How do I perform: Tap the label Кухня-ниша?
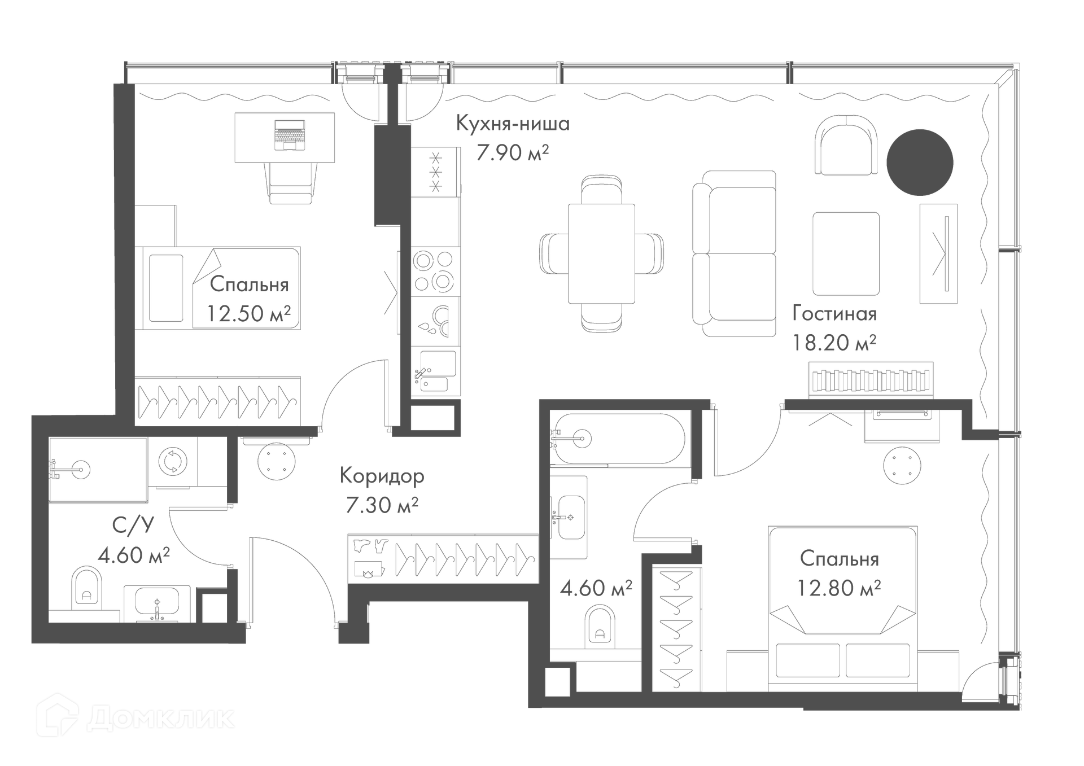pyautogui.click(x=513, y=124)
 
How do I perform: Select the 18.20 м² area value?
pyautogui.click(x=834, y=343)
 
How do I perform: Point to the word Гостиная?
pyautogui.click(x=834, y=314)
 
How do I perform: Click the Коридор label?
pyautogui.click(x=382, y=476)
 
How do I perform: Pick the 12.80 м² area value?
pyautogui.click(x=838, y=588)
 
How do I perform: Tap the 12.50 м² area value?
pyautogui.click(x=248, y=313)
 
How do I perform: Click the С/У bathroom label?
pyautogui.click(x=133, y=526)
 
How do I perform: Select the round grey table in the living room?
pyautogui.click(x=920, y=163)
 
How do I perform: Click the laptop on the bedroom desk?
pyautogui.click(x=289, y=135)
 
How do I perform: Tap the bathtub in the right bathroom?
pyautogui.click(x=618, y=439)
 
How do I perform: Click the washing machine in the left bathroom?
pyautogui.click(x=172, y=462)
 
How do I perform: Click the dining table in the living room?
pyautogui.click(x=601, y=253)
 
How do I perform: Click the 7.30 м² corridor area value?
pyautogui.click(x=382, y=505)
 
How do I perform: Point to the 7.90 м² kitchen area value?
pyautogui.click(x=512, y=153)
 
